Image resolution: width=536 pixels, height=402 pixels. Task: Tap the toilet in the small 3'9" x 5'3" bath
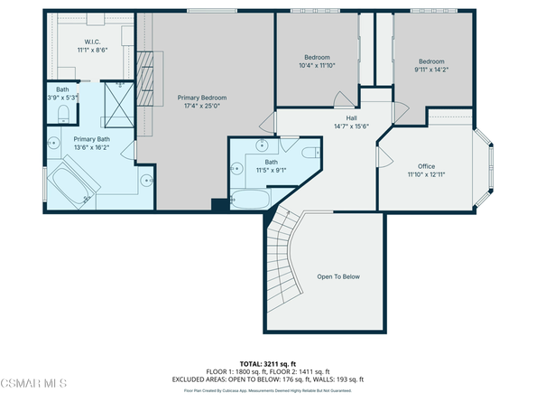coord(63,112)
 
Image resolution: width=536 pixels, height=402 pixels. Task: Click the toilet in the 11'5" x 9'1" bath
coord(306,154)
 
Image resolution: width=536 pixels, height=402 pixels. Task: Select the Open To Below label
coord(337,276)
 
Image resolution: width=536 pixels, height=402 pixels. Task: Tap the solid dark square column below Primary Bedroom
coord(218,205)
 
